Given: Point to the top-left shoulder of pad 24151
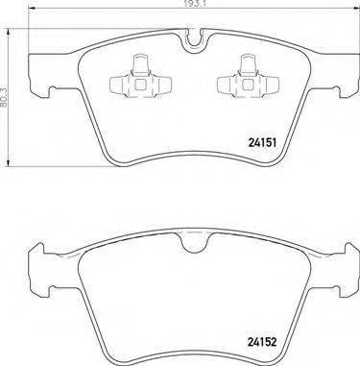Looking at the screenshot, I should tap(38, 53).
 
